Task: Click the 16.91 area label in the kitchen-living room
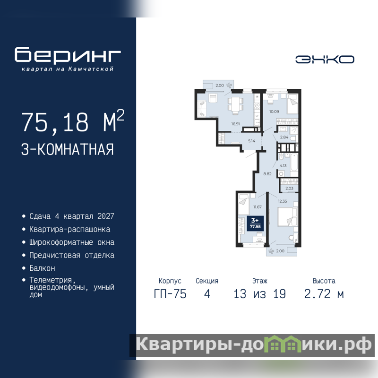[235, 124]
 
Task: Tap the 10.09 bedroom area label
[274, 112]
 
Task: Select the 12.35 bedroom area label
[282, 201]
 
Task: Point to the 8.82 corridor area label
[267, 174]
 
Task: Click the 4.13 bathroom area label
[283, 166]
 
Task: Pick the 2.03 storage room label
[289, 188]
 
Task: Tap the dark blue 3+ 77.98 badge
[255, 223]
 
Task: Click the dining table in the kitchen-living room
[235, 104]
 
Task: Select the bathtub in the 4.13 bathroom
[293, 165]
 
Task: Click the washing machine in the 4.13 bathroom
[281, 173]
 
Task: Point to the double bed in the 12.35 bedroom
[287, 217]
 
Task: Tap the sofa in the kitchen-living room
[201, 109]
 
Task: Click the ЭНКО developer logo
[325, 60]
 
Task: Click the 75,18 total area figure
[55, 122]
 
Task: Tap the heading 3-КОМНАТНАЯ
[68, 149]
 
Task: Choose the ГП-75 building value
[170, 294]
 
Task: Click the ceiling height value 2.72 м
[324, 294]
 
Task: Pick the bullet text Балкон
[42, 268]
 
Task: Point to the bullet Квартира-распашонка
[69, 229]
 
